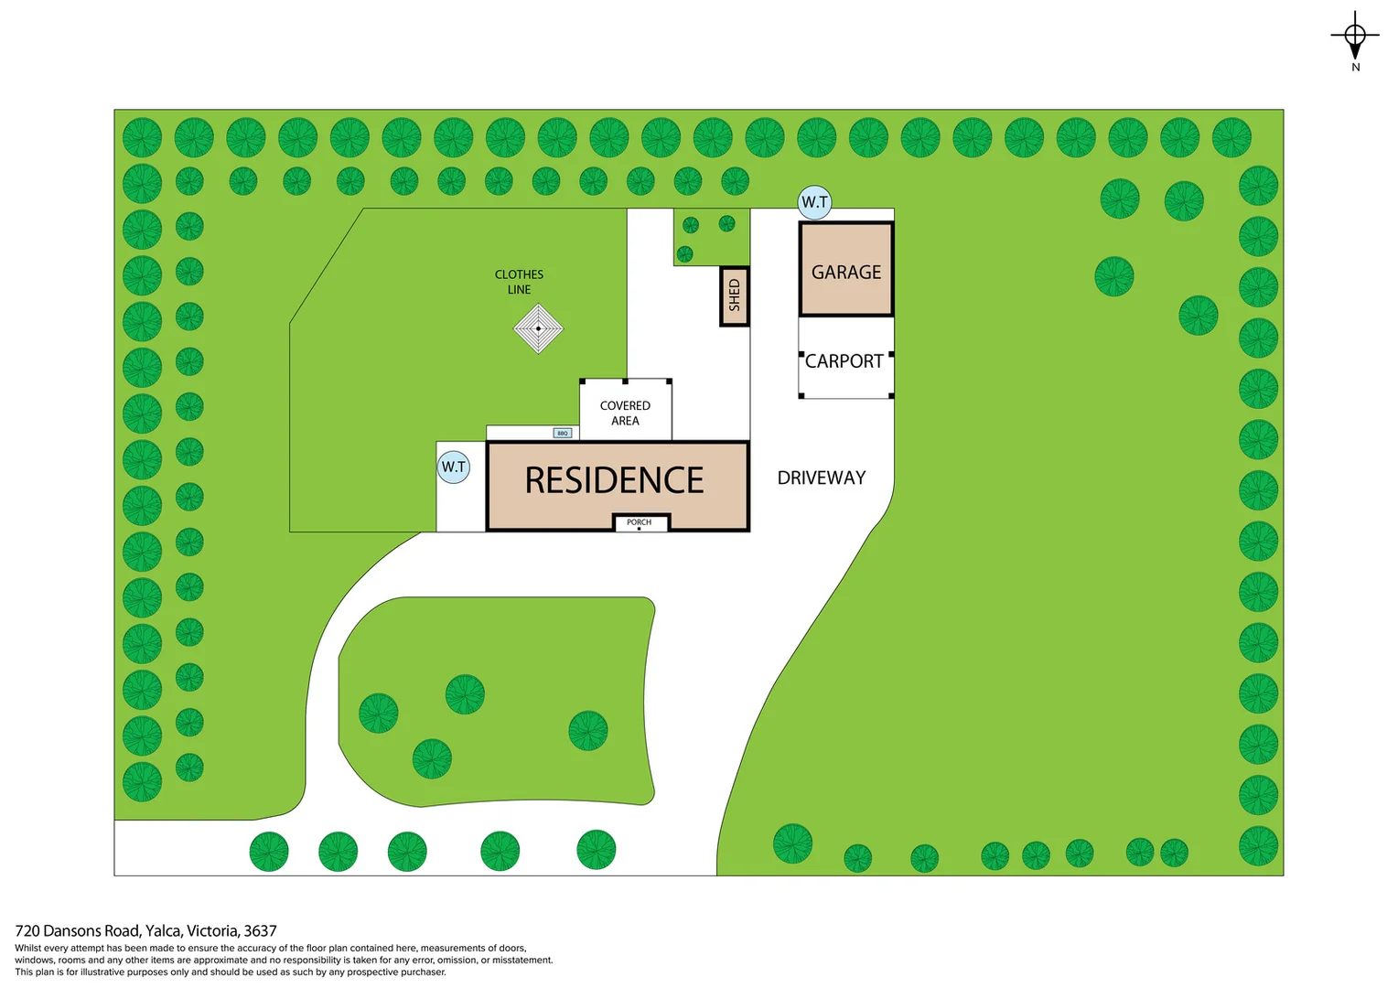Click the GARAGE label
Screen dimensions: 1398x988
click(x=846, y=272)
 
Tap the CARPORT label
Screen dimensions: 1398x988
click(x=844, y=361)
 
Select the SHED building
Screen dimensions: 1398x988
click(x=734, y=295)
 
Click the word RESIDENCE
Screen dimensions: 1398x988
click(x=614, y=480)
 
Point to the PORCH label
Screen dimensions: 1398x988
click(x=640, y=522)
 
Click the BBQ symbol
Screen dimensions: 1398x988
click(x=563, y=433)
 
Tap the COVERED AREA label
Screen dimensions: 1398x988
click(x=625, y=413)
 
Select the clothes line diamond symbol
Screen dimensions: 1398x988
click(x=538, y=328)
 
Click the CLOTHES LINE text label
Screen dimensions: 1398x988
click(x=519, y=282)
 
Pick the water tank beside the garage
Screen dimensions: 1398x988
click(x=814, y=202)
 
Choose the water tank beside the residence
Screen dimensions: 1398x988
click(x=454, y=467)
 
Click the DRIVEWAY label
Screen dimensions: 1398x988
click(x=822, y=478)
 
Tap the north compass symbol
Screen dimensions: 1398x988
click(x=1355, y=37)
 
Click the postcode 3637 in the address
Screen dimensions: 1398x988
click(x=260, y=931)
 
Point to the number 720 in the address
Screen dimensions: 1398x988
click(x=27, y=931)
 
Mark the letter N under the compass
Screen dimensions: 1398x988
click(x=1356, y=67)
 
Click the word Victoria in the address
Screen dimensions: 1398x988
click(x=212, y=931)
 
